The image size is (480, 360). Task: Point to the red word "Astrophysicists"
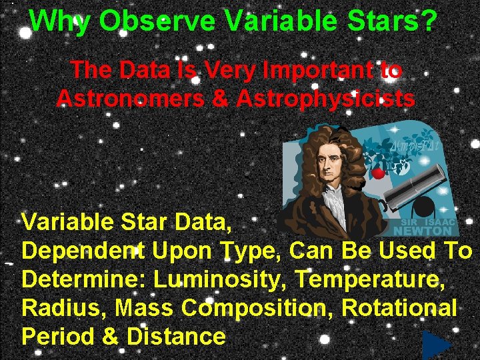point(325,98)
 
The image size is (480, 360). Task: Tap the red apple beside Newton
point(378,173)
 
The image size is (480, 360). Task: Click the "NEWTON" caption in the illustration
point(423,231)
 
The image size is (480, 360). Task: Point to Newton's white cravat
point(333,200)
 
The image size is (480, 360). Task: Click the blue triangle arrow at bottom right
point(436,345)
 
